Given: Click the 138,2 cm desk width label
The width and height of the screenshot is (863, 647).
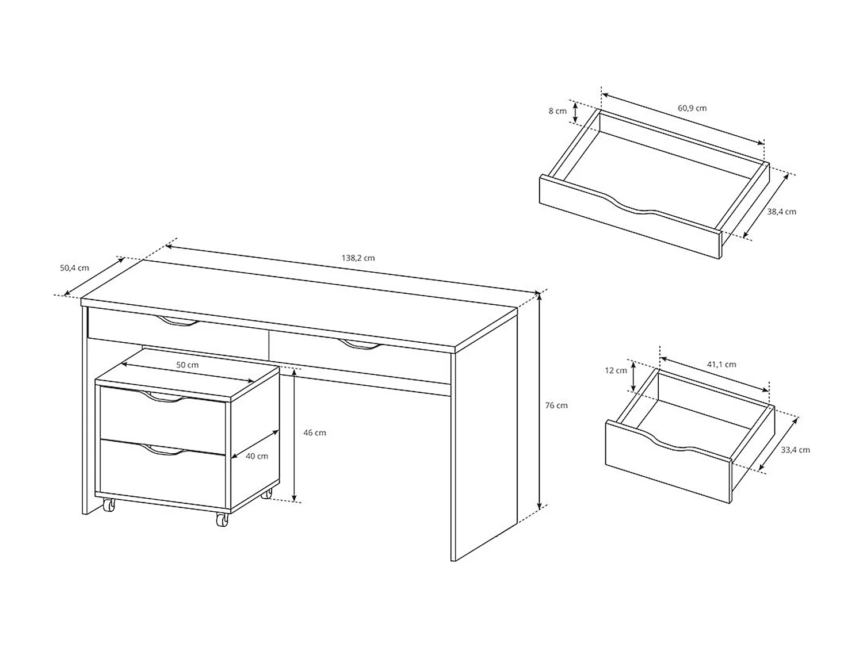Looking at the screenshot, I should [x=358, y=258].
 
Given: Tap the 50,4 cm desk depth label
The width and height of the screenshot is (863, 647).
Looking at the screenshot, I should [x=75, y=268].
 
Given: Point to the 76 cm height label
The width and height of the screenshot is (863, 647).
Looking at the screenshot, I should [x=556, y=405].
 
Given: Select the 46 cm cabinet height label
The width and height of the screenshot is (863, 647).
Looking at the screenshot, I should [x=315, y=433].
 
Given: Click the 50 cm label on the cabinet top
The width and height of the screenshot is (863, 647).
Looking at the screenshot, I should [x=188, y=365].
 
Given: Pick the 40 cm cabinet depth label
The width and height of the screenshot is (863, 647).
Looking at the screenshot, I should [x=257, y=457].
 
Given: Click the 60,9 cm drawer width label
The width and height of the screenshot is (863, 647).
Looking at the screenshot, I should [x=692, y=108].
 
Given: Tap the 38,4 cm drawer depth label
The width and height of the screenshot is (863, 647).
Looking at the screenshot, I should [x=782, y=212].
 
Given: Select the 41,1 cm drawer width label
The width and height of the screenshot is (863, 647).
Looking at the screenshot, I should [x=721, y=365].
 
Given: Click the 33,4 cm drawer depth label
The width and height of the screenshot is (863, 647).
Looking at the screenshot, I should [x=796, y=450].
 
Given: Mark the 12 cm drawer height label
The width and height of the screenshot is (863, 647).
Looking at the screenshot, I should [x=616, y=371].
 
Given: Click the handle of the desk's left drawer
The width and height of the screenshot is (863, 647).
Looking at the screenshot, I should [x=177, y=323].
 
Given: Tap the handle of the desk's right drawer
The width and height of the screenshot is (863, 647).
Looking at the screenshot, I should [x=360, y=345].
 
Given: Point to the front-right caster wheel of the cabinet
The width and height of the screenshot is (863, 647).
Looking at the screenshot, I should [x=222, y=519].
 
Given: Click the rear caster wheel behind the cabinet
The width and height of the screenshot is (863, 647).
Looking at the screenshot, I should [x=266, y=493].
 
